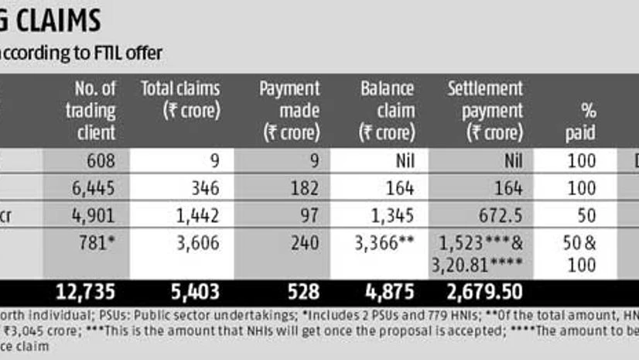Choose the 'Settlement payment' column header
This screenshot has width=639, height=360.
click(485, 110)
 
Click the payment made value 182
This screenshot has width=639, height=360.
click(305, 187)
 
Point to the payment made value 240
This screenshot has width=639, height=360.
click(305, 242)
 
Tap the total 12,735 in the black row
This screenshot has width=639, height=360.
click(86, 293)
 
